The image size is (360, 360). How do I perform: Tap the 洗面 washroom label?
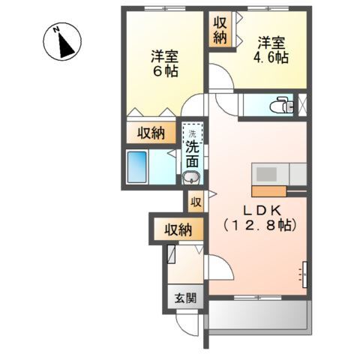tap(192, 153)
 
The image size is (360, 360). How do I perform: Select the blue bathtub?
tap(138, 166)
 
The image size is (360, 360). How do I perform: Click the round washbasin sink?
tap(191, 178)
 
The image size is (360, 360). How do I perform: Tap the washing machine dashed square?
tap(192, 130)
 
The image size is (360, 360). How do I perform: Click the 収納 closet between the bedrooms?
tap(218, 31)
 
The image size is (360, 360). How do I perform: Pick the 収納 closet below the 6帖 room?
tap(151, 133)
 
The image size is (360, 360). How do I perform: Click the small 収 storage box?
tap(195, 201)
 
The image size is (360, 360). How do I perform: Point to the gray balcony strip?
tap(258, 315)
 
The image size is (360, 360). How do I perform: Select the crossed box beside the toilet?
tap(303, 105)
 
